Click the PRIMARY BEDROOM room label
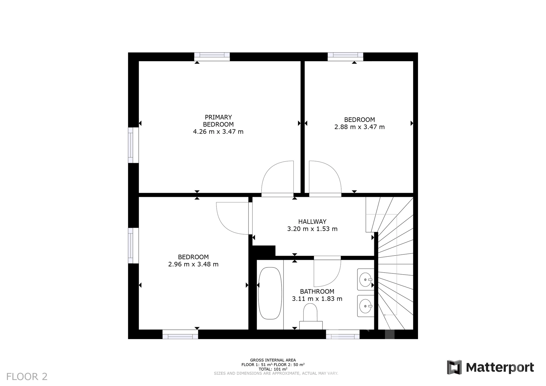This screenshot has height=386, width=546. click(x=218, y=121)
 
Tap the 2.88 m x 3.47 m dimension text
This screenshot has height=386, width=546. click(x=359, y=127)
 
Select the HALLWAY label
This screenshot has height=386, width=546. click(x=312, y=222)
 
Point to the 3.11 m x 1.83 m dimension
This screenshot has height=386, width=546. click(x=317, y=299)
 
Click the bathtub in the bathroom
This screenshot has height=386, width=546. click(x=270, y=293)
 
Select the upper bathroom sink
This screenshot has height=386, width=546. click(x=366, y=279)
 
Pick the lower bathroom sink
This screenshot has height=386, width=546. click(x=366, y=306)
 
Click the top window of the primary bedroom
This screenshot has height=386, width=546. click(x=212, y=57)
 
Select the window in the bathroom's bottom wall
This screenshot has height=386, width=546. click(x=343, y=334)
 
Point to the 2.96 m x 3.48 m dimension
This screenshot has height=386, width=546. click(x=193, y=264)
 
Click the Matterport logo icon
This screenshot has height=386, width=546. click(x=454, y=367)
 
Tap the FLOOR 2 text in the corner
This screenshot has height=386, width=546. click(x=27, y=377)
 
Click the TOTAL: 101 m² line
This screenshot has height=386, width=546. click(x=273, y=369)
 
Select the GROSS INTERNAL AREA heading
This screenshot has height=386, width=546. click(x=273, y=360)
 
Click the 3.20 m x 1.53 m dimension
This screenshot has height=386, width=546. click(x=312, y=229)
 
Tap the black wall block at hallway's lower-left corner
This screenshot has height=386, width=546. click(x=264, y=251)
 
